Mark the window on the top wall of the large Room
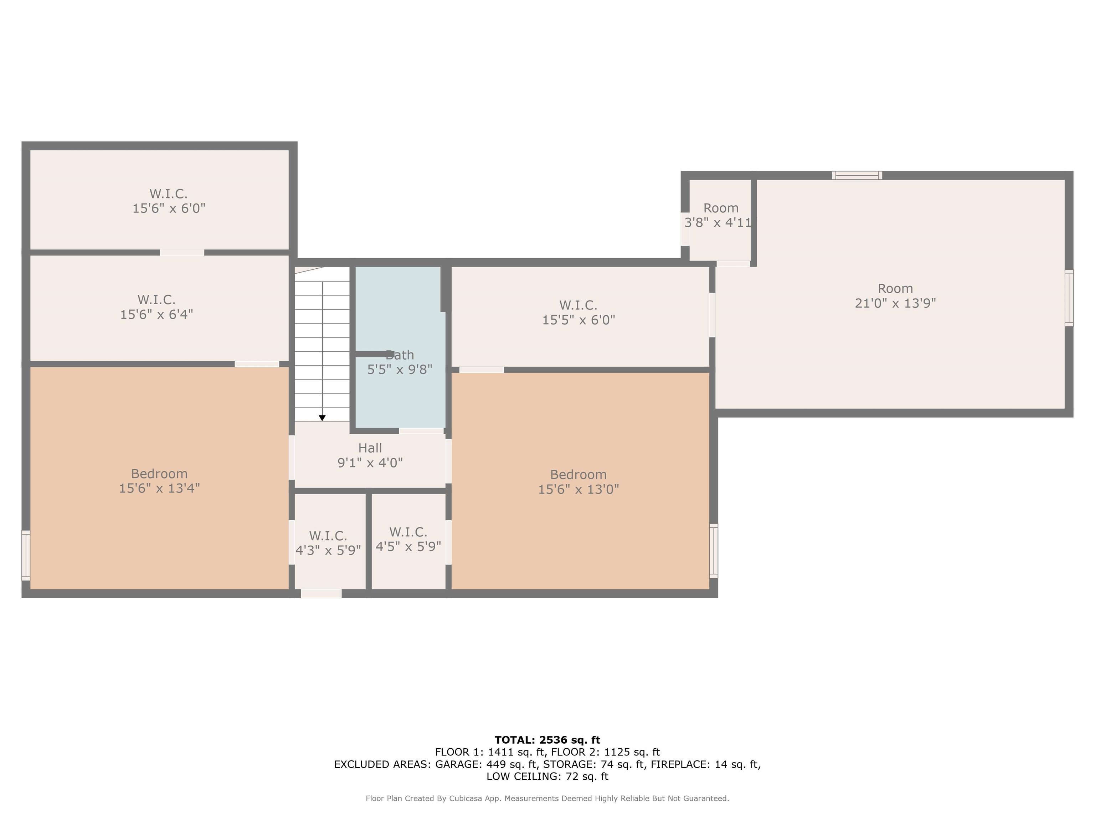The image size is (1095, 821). tap(857, 175)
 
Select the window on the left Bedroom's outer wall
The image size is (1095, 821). tap(26, 555)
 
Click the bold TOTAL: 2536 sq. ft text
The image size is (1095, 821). tap(547, 740)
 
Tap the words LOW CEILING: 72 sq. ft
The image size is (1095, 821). tap(547, 776)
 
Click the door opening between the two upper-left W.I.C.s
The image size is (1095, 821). tap(182, 252)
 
